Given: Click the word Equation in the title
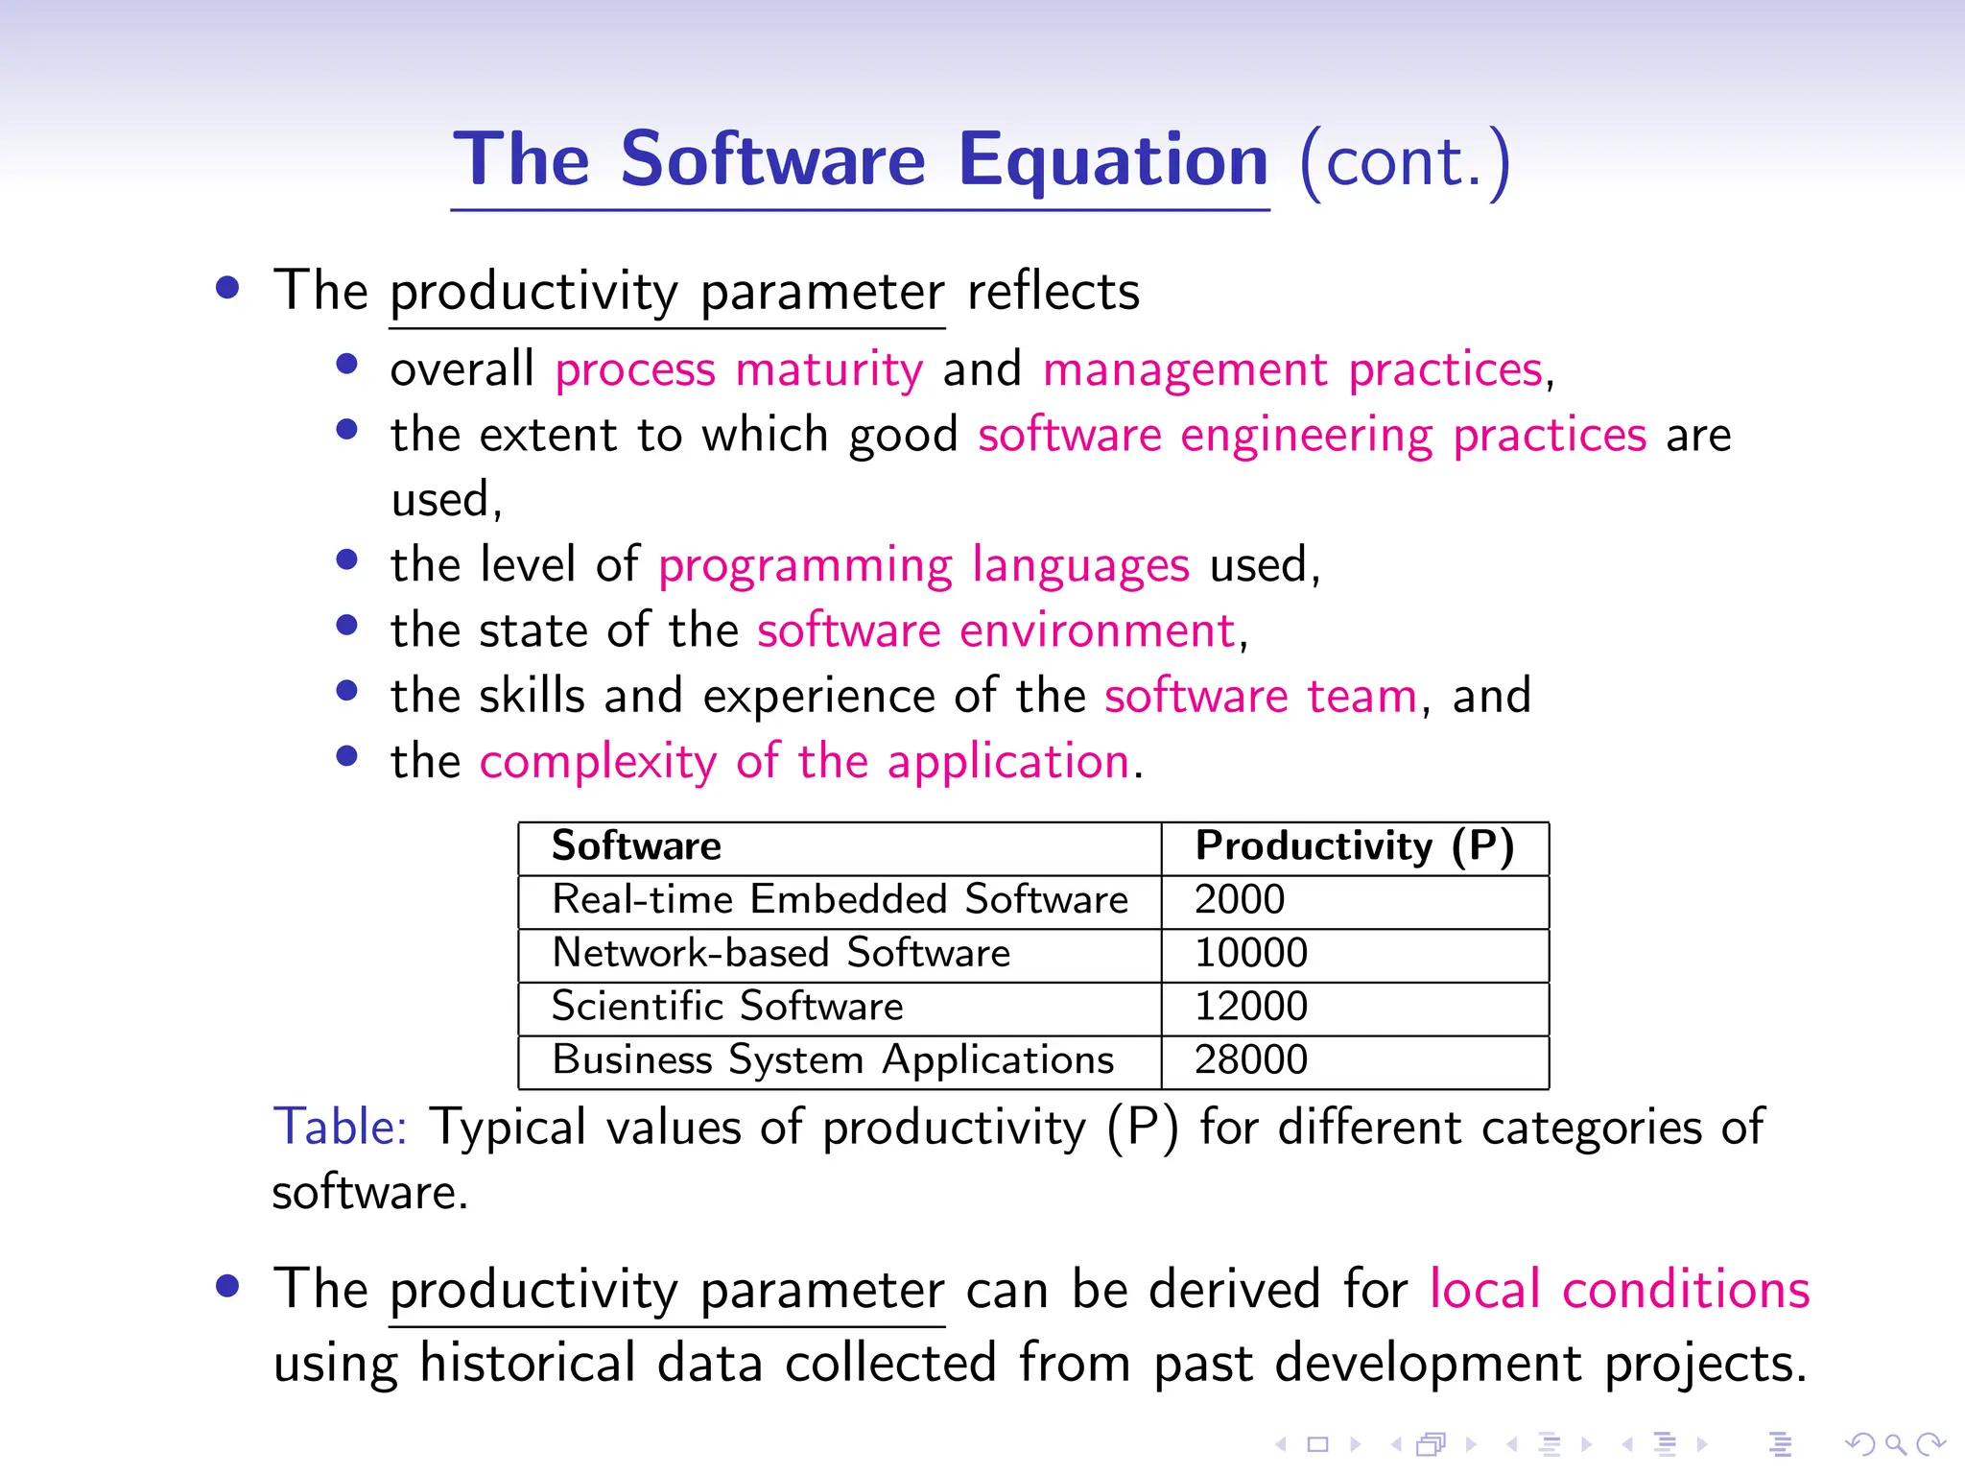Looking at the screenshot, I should pos(1113,161).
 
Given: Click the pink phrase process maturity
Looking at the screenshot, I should pos(739,370).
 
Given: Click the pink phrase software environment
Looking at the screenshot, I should pos(996,631).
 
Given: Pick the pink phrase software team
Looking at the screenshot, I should pos(1260,697).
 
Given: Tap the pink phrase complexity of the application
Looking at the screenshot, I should pos(804,762).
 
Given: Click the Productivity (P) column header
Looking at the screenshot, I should pos(1354,846).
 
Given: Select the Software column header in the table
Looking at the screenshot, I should pos(636,846).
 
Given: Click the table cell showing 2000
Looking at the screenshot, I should pos(1239,900).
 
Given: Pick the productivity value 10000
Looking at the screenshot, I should pos(1250,954).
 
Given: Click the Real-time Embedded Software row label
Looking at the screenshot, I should pos(840,900).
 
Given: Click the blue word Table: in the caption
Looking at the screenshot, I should pos(341,1128).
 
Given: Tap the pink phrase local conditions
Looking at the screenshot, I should pos(1619,1290).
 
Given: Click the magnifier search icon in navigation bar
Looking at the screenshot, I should pos(1894,1444).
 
